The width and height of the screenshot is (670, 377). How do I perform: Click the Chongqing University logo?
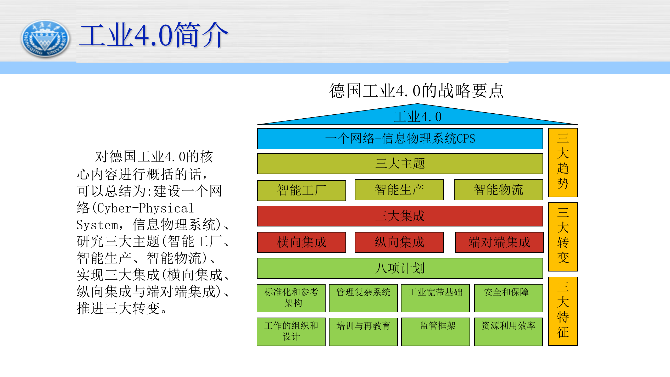coord(45,39)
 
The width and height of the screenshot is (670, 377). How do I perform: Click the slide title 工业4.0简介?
coord(154,35)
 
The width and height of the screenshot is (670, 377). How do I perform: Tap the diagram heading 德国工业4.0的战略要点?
coord(416,91)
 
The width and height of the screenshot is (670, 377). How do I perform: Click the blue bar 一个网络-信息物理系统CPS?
coord(400,138)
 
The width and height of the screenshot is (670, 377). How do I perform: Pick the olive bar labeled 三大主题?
coord(400,164)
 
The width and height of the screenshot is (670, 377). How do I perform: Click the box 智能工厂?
coord(301,190)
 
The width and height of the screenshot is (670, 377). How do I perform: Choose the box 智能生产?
coord(399,190)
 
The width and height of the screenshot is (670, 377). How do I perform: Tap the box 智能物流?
coord(498,190)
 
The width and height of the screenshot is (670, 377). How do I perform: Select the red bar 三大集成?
coord(400,216)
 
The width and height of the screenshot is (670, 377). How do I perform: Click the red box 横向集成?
coord(301,242)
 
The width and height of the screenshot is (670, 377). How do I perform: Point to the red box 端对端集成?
coord(499,242)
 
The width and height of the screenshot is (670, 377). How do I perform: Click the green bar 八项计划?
coord(400,268)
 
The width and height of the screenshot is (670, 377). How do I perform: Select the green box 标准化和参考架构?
coord(291,298)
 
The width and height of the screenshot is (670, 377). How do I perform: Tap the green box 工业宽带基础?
coord(435,298)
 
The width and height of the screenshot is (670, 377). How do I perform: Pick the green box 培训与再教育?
coord(363,331)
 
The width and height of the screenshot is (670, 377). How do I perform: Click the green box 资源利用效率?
coord(508,331)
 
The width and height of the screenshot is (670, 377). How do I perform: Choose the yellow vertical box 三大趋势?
coord(563,162)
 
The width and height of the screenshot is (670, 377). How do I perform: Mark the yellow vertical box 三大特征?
coord(563,311)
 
